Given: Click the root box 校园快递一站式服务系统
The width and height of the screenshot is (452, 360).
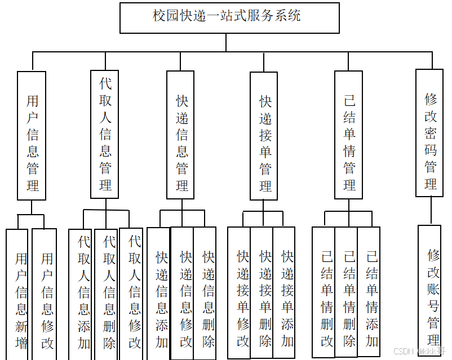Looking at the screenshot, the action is click(x=229, y=17).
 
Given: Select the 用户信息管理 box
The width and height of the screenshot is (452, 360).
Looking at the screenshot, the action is click(x=32, y=135).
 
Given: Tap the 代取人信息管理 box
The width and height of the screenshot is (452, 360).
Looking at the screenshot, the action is click(x=105, y=134).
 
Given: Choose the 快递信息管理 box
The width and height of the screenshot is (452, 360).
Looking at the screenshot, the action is click(x=180, y=135).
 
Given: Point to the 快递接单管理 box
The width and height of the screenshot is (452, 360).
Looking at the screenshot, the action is click(x=264, y=136).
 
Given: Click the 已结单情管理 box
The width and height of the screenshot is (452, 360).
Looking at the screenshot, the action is click(x=348, y=135).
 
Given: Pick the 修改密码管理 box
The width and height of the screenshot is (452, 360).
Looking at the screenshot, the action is click(x=429, y=133).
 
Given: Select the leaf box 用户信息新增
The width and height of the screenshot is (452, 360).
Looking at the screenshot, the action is click(x=17, y=294).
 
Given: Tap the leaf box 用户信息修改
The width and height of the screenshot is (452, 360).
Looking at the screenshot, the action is click(x=45, y=294).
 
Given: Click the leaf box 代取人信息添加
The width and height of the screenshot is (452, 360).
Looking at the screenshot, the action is click(x=82, y=294).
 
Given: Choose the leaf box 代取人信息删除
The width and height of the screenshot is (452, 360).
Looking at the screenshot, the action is click(x=108, y=294).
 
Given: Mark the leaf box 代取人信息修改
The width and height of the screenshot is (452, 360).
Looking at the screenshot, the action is click(x=134, y=294).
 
